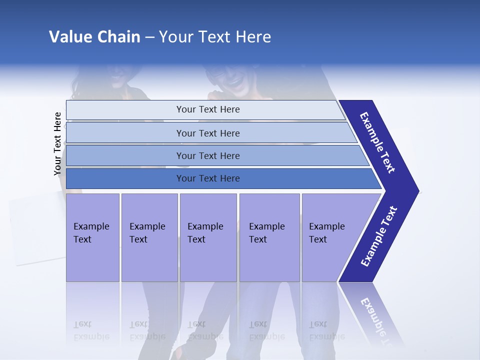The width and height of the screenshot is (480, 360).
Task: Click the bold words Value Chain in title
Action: click(x=94, y=37)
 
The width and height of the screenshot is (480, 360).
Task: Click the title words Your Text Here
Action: click(x=214, y=37)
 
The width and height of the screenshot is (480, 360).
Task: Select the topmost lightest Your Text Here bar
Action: click(x=207, y=109)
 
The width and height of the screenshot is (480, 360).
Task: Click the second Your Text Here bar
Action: click(x=207, y=133)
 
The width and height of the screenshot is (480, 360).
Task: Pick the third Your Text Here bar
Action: click(x=207, y=156)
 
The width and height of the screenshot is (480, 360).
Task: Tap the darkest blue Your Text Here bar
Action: click(x=207, y=178)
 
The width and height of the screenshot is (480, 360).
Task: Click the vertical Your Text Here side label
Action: click(x=57, y=144)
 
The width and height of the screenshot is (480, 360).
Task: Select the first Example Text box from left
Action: click(x=92, y=237)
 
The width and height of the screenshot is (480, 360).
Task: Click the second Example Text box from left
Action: click(x=149, y=237)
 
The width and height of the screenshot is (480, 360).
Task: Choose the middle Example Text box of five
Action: click(x=208, y=237)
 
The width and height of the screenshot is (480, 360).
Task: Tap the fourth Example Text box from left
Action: click(x=269, y=237)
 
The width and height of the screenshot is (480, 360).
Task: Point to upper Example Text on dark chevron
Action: click(x=378, y=142)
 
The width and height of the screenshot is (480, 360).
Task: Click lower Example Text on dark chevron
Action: click(x=379, y=236)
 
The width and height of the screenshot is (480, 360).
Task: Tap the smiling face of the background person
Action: click(x=235, y=80)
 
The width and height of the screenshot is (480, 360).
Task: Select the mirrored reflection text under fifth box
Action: click(x=326, y=330)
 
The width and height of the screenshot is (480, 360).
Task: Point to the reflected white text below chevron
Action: click(x=375, y=317)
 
